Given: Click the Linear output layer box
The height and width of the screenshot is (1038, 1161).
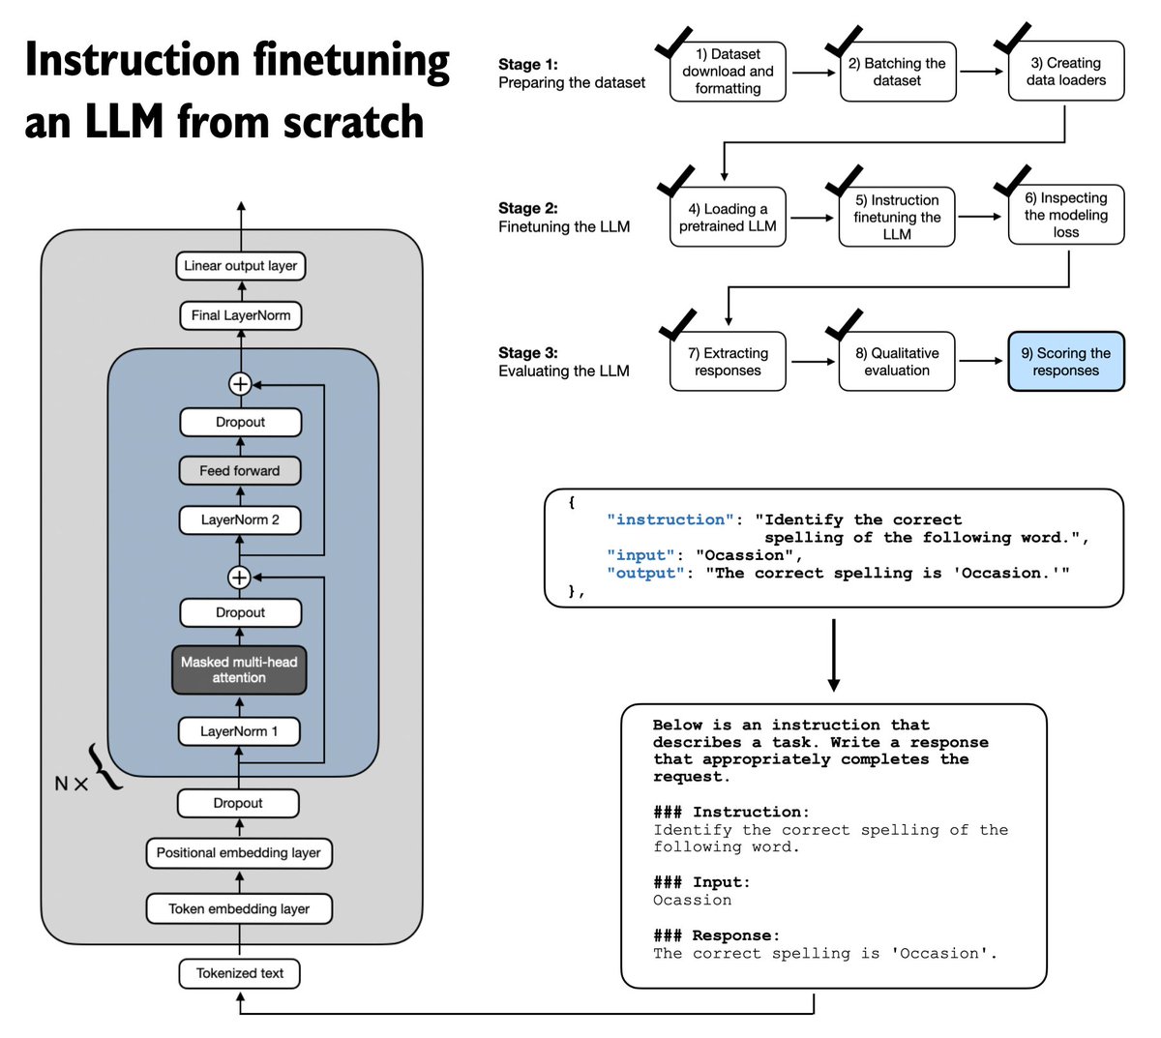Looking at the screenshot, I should point(240,266).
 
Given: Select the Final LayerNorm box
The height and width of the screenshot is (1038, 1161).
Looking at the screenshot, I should point(240,315).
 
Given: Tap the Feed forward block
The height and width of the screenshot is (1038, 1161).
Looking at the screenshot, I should point(240,471).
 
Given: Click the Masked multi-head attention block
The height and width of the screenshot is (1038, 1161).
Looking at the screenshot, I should point(239,669).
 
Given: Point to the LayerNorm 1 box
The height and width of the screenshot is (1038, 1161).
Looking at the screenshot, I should point(239,731).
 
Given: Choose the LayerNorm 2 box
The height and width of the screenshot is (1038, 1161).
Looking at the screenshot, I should point(240,519).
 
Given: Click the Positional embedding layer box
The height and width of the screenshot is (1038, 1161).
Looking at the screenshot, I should point(239,853).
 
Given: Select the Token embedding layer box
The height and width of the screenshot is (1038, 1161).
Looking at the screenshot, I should point(239,909).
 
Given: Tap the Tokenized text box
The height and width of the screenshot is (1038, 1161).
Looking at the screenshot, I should point(239,973).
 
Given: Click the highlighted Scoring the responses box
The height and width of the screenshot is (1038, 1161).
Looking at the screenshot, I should point(1065,362).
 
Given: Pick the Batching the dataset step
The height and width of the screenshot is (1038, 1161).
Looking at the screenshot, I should point(897,72).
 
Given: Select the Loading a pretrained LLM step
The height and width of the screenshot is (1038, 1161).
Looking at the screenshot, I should point(728,217).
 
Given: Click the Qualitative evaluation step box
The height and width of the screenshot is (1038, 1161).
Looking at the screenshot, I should point(897,362).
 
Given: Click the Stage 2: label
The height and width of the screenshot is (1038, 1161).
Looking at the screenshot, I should point(528,208).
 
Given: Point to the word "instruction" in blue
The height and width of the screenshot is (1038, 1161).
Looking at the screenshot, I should point(670,519).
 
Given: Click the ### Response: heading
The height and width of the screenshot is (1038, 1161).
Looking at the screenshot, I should point(716,935).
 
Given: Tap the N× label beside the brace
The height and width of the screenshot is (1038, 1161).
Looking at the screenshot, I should point(71,783).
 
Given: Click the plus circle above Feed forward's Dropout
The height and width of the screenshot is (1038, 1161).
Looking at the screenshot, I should point(239,384).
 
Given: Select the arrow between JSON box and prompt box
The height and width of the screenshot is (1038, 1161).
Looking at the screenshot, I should point(833,655).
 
